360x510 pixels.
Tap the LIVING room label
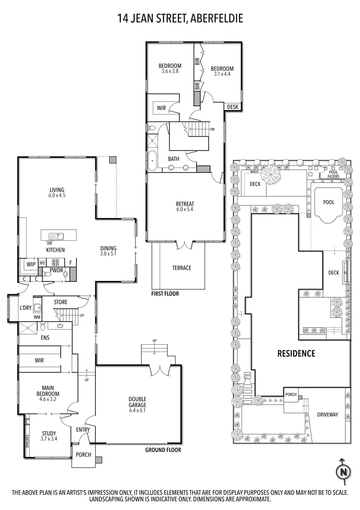click(x=57, y=191)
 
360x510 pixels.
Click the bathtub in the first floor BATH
click(x=152, y=161)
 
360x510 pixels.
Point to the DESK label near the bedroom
click(x=233, y=107)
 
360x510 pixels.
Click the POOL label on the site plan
click(x=328, y=202)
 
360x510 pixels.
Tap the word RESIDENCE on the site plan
click(x=296, y=353)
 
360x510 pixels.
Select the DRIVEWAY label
click(x=327, y=414)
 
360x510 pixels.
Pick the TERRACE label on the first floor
click(x=182, y=268)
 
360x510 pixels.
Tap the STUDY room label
click(x=49, y=433)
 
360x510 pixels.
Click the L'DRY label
click(x=25, y=308)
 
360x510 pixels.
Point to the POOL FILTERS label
click(x=330, y=174)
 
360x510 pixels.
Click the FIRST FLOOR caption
click(x=165, y=293)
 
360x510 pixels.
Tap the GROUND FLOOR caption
click(x=163, y=450)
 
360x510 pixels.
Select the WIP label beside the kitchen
click(x=31, y=264)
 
